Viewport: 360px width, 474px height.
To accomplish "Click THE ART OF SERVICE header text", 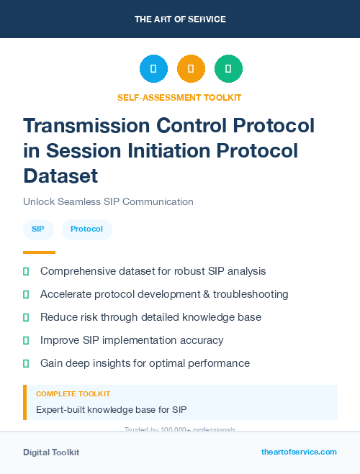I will [180, 19].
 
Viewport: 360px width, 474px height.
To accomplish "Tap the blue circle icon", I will [153, 69].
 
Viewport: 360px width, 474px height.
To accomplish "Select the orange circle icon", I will [191, 69].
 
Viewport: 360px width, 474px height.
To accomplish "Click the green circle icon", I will [228, 69].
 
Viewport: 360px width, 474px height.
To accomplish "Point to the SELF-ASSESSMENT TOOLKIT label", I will [179, 97].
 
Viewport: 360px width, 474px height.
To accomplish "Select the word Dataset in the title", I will [60, 175].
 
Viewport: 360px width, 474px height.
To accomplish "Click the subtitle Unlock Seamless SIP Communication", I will [108, 202].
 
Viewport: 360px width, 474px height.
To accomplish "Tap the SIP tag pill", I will [38, 229].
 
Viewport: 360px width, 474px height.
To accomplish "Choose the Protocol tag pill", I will [86, 229].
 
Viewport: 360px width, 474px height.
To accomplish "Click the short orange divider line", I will [39, 252].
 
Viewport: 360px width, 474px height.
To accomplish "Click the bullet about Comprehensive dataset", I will [153, 271].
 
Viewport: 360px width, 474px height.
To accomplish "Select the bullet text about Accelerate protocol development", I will [164, 294].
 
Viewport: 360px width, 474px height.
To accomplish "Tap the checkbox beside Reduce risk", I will [27, 317].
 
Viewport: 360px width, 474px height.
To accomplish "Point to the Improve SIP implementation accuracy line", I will [132, 340].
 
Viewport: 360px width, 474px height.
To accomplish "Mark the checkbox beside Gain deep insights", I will [27, 363].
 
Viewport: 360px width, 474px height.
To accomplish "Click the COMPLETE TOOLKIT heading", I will [73, 394].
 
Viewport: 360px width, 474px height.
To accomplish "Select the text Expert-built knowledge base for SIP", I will [111, 410].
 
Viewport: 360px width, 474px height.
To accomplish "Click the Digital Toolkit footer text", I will [51, 452].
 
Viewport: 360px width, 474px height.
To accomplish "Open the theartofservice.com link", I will [299, 452].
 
